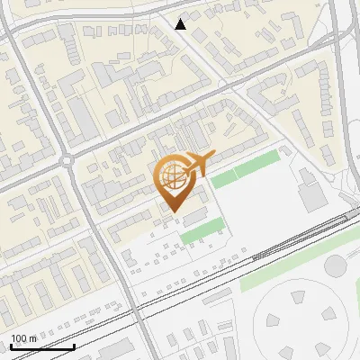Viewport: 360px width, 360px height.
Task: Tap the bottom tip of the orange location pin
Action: click(x=172, y=213)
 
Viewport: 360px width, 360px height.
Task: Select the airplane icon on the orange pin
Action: click(x=197, y=163)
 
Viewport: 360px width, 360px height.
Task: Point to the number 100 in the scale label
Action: click(x=21, y=338)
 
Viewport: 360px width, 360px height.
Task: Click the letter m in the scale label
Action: click(x=33, y=338)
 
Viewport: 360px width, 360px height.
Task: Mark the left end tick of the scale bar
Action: click(x=11, y=346)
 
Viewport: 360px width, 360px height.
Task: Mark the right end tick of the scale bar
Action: click(x=74, y=346)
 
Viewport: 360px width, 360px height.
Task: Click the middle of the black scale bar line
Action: click(x=42, y=346)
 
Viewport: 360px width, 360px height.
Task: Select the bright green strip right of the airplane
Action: click(x=246, y=168)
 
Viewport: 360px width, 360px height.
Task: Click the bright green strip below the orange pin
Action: click(x=201, y=232)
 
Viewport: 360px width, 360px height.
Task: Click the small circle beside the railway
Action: click(x=335, y=265)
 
